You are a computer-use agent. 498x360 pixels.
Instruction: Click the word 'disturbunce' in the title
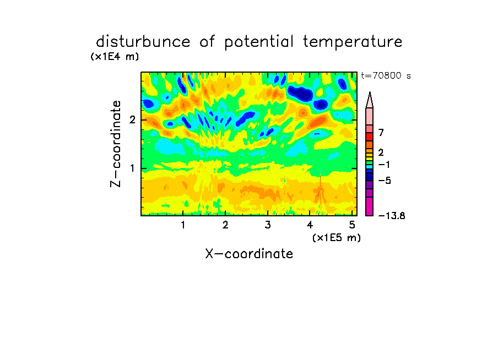click(x=143, y=42)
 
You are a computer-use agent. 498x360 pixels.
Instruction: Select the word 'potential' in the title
click(x=259, y=42)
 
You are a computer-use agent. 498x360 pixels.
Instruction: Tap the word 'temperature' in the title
click(x=353, y=42)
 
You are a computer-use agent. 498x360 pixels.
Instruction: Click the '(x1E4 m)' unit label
click(x=115, y=57)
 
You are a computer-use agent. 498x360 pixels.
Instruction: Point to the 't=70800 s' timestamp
click(x=386, y=75)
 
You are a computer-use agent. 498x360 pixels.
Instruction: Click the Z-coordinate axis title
click(x=116, y=144)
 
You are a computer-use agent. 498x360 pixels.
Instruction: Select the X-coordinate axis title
click(x=249, y=254)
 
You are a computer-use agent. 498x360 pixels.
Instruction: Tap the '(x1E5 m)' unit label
click(x=337, y=237)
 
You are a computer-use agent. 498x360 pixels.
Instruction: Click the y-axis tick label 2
click(x=132, y=120)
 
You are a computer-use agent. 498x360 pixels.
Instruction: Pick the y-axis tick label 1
click(x=132, y=168)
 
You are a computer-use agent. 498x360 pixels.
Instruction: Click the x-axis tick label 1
click(x=183, y=225)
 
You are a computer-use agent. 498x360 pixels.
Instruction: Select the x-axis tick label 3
click(x=268, y=225)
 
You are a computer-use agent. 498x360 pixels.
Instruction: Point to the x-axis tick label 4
click(x=310, y=225)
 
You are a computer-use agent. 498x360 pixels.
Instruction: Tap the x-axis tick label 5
click(x=352, y=225)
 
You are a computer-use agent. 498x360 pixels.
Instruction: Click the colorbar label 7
click(x=381, y=133)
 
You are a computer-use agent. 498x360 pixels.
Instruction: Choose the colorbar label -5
click(x=385, y=181)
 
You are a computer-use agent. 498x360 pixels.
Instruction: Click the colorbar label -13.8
click(x=392, y=216)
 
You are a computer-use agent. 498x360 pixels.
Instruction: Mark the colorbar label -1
click(x=384, y=165)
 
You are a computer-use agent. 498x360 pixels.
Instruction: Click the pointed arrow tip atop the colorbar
click(x=370, y=92)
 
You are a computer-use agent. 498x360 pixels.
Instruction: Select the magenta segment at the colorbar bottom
click(x=370, y=206)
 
